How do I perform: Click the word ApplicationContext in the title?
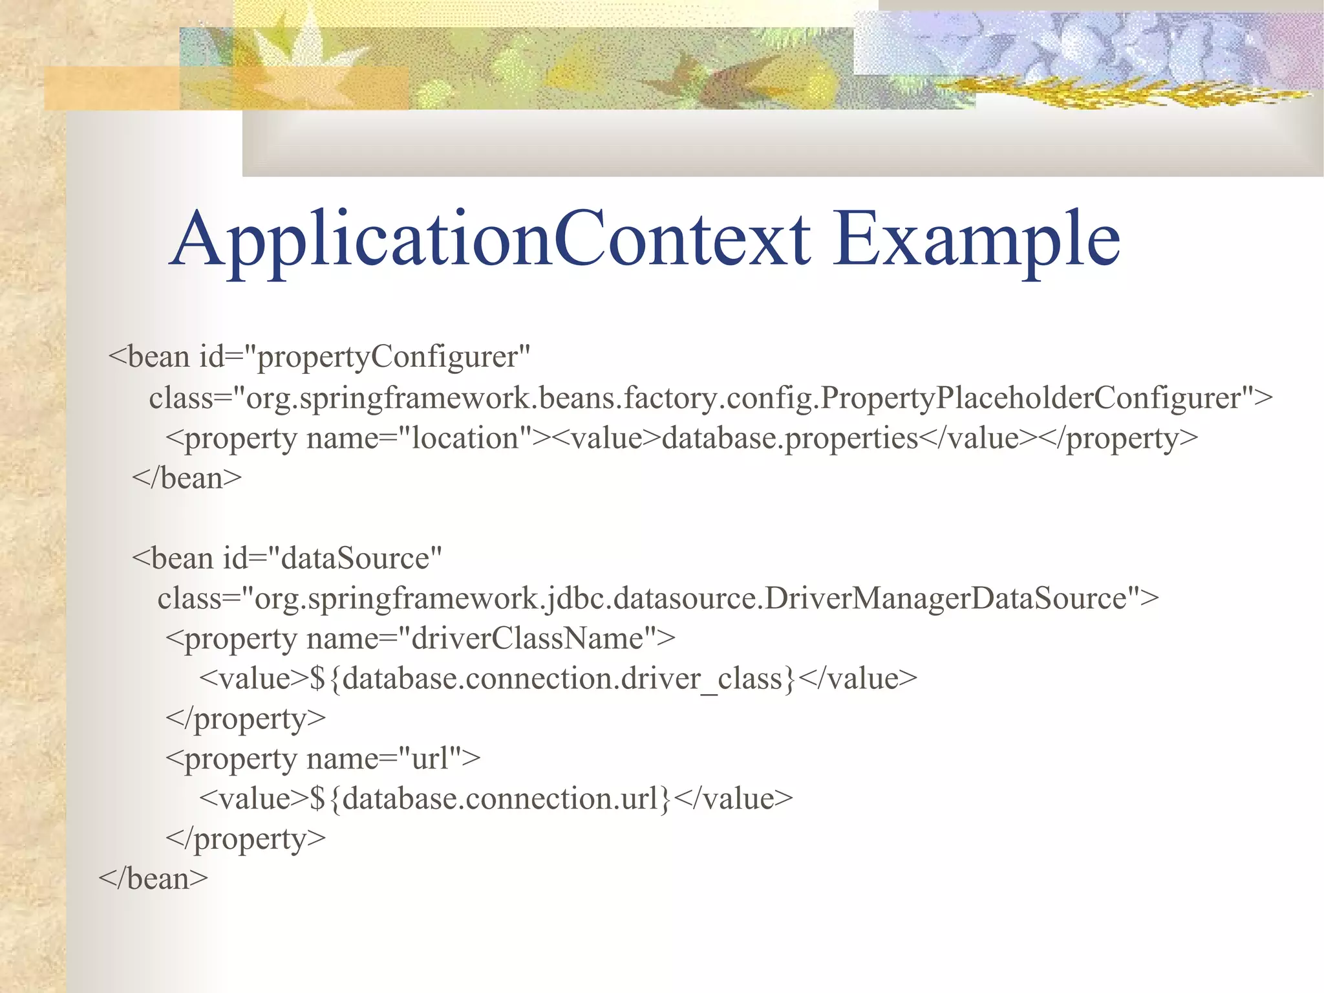(490, 239)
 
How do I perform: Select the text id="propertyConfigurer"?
(365, 357)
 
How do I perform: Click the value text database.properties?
(790, 439)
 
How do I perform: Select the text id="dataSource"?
(332, 558)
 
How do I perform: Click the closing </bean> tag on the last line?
(154, 879)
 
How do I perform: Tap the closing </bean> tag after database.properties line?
(187, 479)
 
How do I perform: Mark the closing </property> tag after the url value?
(246, 839)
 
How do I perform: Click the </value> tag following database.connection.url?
(733, 799)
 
